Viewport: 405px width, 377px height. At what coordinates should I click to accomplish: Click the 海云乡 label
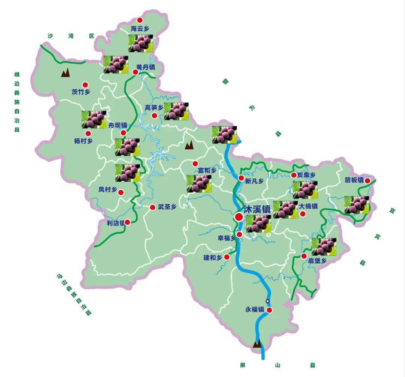coord(139,28)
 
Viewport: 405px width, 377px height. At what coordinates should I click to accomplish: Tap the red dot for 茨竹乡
coord(85,85)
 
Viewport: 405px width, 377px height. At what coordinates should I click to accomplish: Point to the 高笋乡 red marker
coord(154,116)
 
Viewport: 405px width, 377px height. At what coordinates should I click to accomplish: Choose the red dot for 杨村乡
coord(88,134)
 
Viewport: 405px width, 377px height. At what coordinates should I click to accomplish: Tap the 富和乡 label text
coord(207,170)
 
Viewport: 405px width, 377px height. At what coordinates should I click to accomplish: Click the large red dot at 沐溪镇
coord(239,217)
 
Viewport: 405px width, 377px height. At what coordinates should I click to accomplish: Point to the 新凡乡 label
coord(255,181)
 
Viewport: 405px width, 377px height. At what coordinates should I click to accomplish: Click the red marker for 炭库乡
coord(294,175)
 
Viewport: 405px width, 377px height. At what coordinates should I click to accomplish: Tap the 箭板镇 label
coord(354,180)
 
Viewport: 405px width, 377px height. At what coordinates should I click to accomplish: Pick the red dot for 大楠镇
coord(303,214)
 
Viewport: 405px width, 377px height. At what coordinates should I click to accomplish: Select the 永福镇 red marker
coord(269,310)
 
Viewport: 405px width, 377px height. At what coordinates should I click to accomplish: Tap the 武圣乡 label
coord(167,207)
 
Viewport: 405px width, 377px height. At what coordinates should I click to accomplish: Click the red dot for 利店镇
coord(127,222)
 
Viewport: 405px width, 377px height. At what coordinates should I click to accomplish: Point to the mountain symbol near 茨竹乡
coord(66,72)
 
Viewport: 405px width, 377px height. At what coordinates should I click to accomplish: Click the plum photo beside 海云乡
coord(141,43)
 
